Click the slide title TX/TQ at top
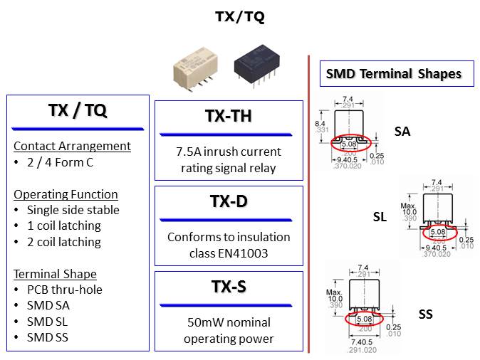(x=239, y=17)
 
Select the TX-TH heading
(x=228, y=116)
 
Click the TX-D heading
(x=228, y=201)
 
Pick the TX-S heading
(x=228, y=287)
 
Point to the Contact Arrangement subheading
(x=72, y=146)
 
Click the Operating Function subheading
(x=66, y=194)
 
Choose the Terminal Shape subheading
(x=55, y=274)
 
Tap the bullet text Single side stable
(x=73, y=210)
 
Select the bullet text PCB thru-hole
(x=64, y=290)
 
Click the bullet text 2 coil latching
(x=63, y=242)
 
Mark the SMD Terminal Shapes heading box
(x=393, y=73)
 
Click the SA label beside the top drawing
(x=402, y=131)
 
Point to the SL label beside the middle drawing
(x=380, y=217)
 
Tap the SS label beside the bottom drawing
(x=425, y=314)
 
